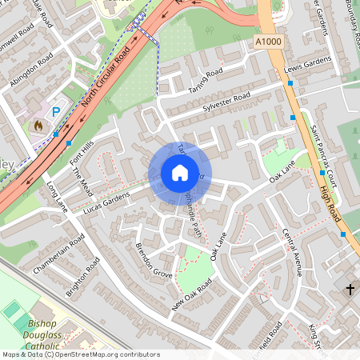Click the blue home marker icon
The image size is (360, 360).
(x=180, y=173)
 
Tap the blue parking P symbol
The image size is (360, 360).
(x=55, y=113)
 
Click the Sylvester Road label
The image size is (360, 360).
(x=226, y=102)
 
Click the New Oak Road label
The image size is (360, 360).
(x=193, y=295)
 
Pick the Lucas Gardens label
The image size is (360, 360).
(x=106, y=202)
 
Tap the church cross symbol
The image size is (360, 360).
(x=350, y=288)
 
